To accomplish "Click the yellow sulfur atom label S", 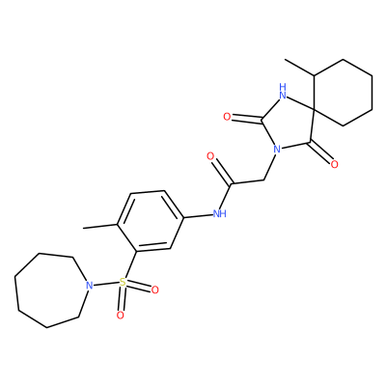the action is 123,283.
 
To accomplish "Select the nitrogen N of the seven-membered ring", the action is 90,286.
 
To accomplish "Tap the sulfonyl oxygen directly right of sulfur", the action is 154,290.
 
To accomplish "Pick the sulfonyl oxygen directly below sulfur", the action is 120,316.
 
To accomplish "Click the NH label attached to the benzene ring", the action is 220,213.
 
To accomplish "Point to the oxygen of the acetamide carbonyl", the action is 210,157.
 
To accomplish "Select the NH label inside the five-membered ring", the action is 283,91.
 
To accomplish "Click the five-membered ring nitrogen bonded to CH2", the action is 276,149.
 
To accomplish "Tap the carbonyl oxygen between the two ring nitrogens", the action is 227,117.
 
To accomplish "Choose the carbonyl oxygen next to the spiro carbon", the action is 334,164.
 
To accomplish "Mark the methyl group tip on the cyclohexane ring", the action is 285,60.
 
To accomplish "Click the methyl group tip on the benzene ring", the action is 84,229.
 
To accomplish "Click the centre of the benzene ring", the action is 151,221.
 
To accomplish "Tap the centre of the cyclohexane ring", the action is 343,93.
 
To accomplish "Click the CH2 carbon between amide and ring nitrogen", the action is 264,179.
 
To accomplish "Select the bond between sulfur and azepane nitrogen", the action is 106,284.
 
